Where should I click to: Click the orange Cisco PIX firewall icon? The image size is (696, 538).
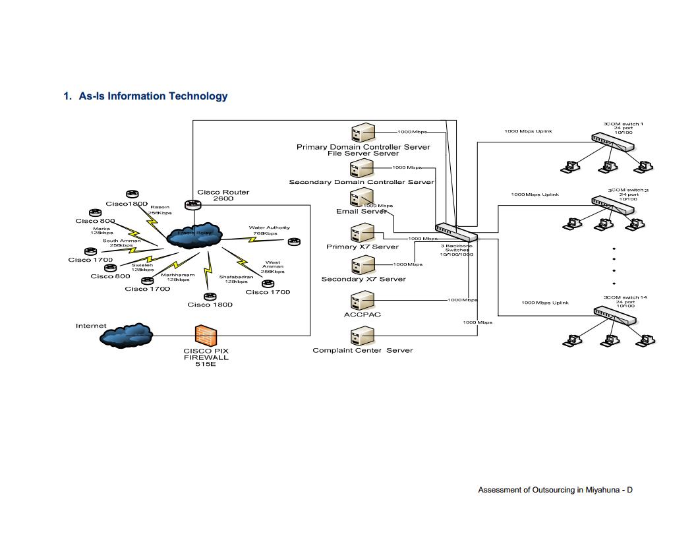coord(206,335)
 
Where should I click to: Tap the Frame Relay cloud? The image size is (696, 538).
coord(194,235)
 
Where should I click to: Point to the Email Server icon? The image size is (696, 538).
coord(362,197)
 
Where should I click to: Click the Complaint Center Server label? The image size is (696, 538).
coord(362,350)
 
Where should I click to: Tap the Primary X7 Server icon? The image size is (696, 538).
coord(362,233)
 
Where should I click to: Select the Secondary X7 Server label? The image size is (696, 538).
coord(363,279)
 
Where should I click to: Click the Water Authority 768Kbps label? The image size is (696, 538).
coord(269,230)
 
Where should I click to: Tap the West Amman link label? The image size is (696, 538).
coord(273,266)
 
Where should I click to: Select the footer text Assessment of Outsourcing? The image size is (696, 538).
coord(555,490)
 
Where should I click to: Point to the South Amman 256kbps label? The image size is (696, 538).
coord(121,243)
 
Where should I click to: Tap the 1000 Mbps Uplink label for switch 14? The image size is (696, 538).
coord(544,303)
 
